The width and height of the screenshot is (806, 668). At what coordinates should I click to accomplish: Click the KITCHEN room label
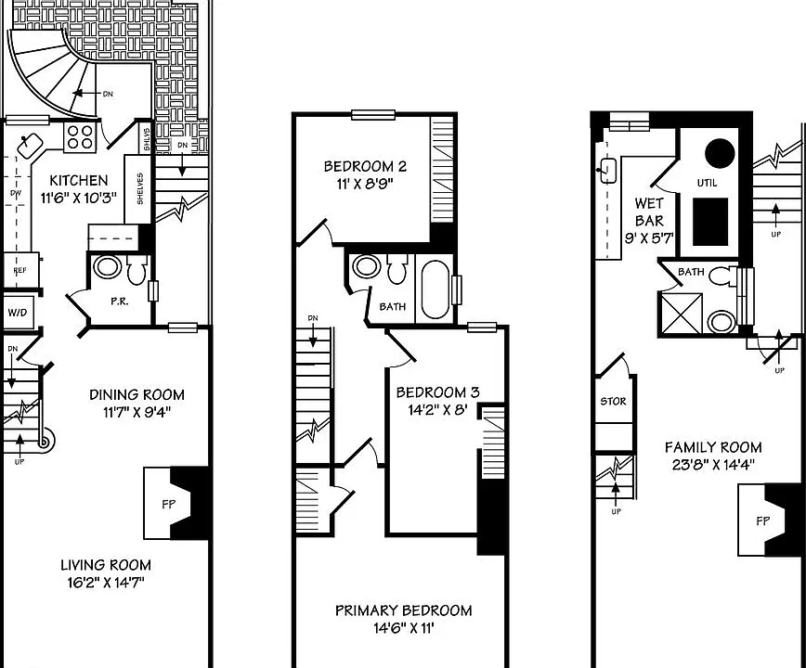(79, 180)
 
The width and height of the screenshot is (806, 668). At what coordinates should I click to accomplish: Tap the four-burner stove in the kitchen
(80, 136)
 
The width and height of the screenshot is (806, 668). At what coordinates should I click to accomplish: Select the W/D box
(18, 312)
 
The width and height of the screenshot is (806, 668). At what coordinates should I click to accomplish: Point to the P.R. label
(119, 302)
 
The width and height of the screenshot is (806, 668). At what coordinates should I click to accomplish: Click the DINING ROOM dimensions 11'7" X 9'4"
(136, 412)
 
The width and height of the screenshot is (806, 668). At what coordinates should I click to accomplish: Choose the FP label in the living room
(169, 505)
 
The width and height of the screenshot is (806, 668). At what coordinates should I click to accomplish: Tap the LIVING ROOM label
(106, 565)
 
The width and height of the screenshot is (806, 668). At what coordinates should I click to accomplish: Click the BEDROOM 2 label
(365, 166)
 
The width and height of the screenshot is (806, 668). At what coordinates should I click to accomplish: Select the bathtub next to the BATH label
(435, 290)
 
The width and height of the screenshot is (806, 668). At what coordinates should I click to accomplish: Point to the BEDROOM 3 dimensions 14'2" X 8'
(437, 410)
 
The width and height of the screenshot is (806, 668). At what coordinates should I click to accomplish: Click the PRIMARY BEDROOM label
(404, 610)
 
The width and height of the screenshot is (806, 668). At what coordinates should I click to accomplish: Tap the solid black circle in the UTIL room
(719, 153)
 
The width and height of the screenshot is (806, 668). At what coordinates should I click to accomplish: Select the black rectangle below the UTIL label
(710, 222)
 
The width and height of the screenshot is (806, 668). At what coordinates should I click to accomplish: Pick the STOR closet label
(613, 401)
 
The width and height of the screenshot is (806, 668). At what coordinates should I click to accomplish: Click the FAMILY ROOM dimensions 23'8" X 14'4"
(713, 465)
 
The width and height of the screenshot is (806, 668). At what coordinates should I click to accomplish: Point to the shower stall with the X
(681, 314)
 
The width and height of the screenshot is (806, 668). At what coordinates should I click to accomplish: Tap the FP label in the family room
(763, 521)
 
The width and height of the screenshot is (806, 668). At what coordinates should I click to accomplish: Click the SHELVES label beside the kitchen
(140, 188)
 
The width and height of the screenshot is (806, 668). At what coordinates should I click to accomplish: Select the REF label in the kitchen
(20, 271)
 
